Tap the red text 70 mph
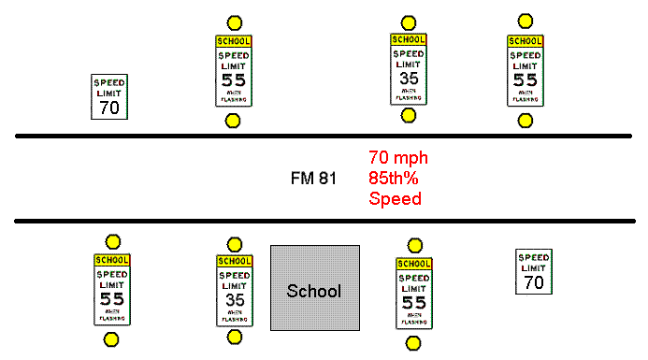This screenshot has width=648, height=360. (x=397, y=158)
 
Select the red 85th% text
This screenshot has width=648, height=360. (x=396, y=178)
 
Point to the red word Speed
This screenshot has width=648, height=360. (x=395, y=198)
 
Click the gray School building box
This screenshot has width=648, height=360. (x=315, y=288)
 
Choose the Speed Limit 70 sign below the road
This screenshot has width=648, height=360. (x=533, y=272)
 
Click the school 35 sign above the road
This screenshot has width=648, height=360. (x=408, y=69)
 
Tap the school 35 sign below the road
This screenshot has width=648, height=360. (x=235, y=290)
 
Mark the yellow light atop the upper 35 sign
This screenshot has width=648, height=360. (x=408, y=22)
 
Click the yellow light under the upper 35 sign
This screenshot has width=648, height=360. (x=408, y=116)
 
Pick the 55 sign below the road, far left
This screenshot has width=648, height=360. (x=111, y=290)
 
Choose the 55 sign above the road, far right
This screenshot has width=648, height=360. (x=526, y=71)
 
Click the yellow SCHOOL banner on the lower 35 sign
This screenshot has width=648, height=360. (x=235, y=261)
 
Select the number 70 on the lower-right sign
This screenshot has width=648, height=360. (x=533, y=281)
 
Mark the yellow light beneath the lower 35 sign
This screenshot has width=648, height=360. (x=235, y=337)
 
